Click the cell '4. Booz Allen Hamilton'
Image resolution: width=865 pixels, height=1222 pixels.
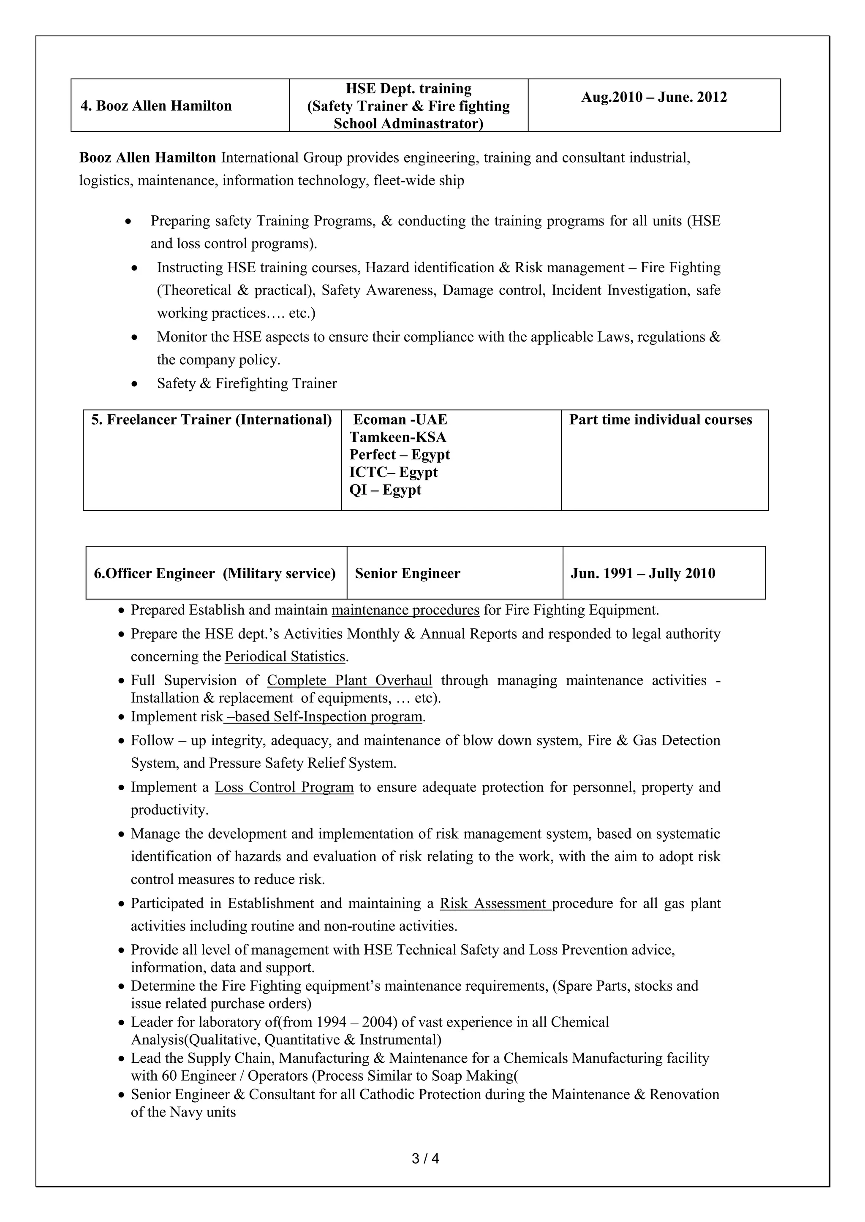(x=156, y=106)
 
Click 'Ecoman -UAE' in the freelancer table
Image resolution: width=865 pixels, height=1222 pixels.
(x=400, y=420)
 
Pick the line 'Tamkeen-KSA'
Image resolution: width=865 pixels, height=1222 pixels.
(x=398, y=437)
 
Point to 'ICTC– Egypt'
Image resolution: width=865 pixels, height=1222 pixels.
(x=393, y=472)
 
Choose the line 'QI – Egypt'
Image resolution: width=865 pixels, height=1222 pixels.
(x=385, y=490)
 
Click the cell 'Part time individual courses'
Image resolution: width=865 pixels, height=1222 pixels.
(x=661, y=420)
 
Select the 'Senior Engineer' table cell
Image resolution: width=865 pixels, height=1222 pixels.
(x=408, y=574)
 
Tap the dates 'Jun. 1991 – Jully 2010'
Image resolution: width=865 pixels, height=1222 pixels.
(x=643, y=574)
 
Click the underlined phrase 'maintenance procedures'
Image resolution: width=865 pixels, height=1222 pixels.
(x=405, y=610)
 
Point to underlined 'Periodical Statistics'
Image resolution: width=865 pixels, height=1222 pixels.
(x=285, y=657)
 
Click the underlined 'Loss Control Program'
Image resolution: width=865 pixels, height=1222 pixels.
(x=284, y=787)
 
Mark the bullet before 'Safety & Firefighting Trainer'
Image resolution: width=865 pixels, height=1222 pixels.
(x=135, y=384)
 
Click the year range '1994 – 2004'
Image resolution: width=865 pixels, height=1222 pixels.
(x=355, y=1022)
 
